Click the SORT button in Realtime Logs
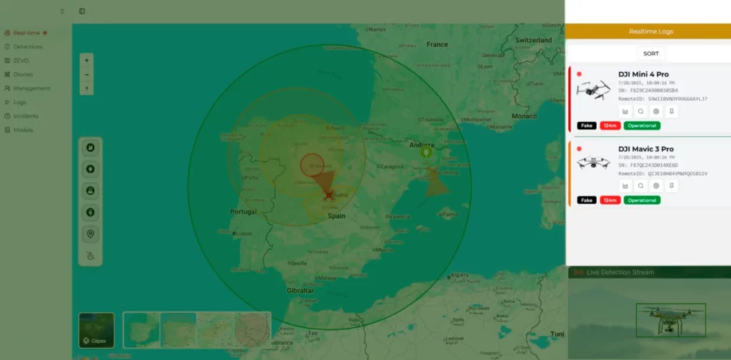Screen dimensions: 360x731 point(651,54)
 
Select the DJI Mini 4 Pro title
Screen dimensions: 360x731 point(643,74)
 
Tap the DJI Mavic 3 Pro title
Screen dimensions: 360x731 point(645,149)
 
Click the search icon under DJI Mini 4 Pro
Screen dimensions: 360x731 point(641,111)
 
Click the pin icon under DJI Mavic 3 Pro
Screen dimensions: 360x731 point(672,186)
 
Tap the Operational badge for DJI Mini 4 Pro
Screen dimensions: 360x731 point(642,126)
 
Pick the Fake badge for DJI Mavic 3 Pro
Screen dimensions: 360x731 point(587,200)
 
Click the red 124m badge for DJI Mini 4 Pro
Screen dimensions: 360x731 point(610,126)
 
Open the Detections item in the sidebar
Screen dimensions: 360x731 point(28,46)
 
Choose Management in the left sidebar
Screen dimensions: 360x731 point(31,89)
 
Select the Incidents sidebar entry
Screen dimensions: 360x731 point(26,116)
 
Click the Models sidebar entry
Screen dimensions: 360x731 point(23,130)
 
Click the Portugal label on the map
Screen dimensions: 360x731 point(243,212)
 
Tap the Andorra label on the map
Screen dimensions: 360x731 point(421,145)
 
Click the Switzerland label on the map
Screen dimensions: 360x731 point(533,40)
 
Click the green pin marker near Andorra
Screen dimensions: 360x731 point(426,152)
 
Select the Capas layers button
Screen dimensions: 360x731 point(96,330)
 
